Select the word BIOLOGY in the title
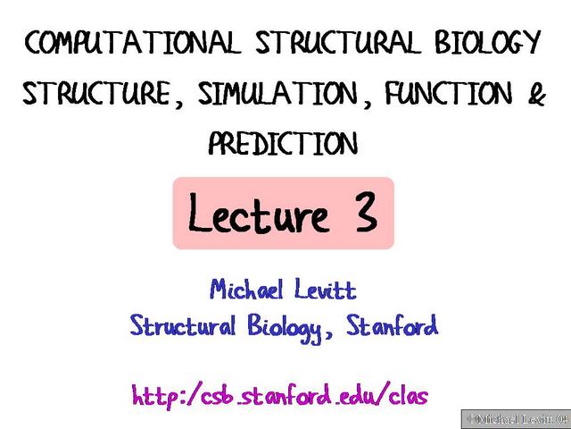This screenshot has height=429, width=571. pos(488,43)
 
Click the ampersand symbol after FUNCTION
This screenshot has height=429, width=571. pos(536,94)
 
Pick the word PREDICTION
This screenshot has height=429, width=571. pos(284,143)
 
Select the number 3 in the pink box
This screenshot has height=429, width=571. pos(363,215)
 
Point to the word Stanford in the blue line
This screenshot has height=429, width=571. pos(394,327)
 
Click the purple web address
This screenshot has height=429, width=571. pos(285,394)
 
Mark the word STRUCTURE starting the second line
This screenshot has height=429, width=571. pos(97,94)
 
